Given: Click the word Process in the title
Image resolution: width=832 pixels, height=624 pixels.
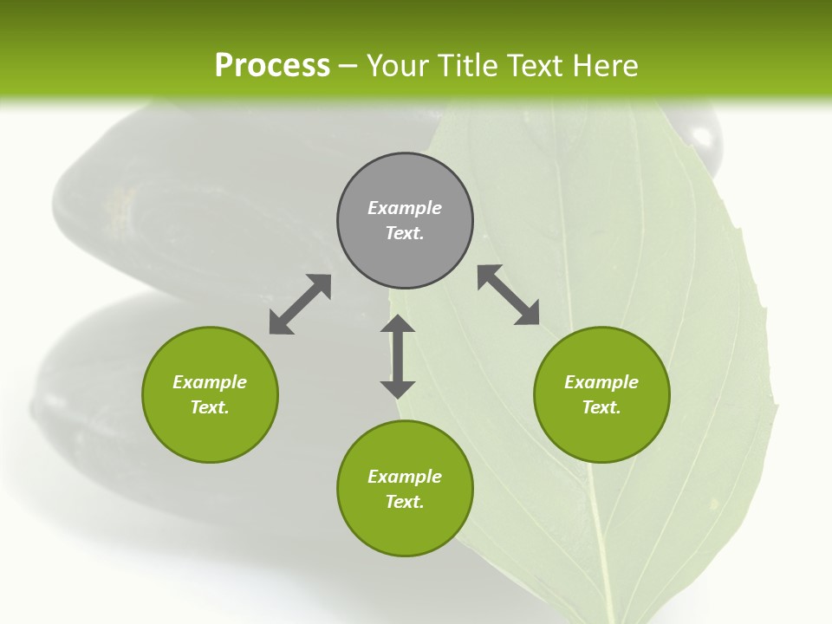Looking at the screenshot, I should click(272, 66).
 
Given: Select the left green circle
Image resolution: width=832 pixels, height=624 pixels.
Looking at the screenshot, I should click(210, 433).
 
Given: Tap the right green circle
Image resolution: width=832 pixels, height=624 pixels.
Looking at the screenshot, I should click(601, 433).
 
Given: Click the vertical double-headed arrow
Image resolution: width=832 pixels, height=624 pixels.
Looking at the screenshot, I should click(398, 356).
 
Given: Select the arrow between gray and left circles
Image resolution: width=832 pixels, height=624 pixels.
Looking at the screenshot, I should click(300, 304).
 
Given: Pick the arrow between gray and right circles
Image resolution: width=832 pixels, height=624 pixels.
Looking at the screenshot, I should click(509, 295).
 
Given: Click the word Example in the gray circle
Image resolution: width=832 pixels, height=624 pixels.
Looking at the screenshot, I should click(405, 208).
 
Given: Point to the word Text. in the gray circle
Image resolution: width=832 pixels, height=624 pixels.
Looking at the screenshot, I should click(405, 233).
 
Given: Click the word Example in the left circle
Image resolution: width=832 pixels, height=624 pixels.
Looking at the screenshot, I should click(210, 382).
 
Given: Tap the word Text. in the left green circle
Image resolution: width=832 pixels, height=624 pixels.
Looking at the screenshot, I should click(210, 407).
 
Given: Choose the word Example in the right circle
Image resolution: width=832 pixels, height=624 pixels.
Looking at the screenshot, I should click(601, 382).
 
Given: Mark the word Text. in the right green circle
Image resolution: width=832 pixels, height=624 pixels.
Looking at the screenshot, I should click(601, 407).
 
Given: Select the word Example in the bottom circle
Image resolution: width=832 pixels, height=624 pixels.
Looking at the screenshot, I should click(405, 477).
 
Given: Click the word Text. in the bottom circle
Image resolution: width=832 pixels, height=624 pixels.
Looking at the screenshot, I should click(405, 502).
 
